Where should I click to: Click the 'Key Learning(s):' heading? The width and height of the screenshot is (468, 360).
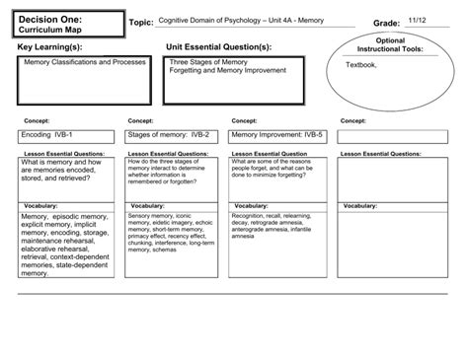click(x=50, y=46)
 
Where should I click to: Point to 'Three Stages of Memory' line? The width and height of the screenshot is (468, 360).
click(x=207, y=61)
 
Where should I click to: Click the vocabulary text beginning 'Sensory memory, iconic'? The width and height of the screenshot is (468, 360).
click(x=164, y=214)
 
